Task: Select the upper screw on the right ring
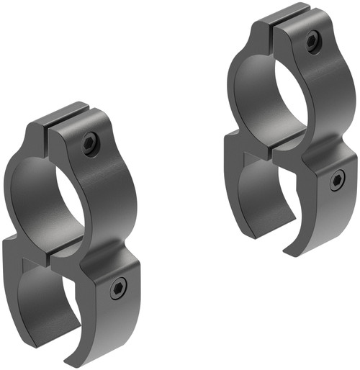pyautogui.click(x=312, y=41)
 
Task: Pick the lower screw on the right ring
pyautogui.click(x=336, y=180)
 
